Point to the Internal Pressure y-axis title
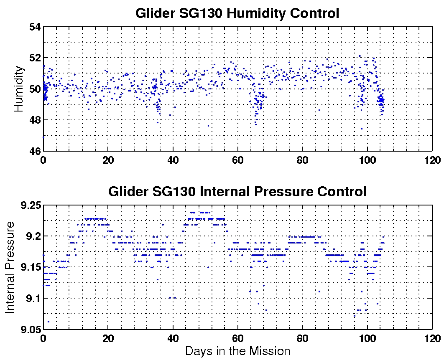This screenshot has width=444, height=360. tap(10, 267)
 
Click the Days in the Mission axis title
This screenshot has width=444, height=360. tap(237, 351)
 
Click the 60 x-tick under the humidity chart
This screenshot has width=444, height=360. tap(237, 160)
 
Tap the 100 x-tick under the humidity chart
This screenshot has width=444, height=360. tap(367, 160)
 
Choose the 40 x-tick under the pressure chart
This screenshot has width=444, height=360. tap(173, 339)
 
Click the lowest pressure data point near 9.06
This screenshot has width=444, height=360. tap(48, 322)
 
